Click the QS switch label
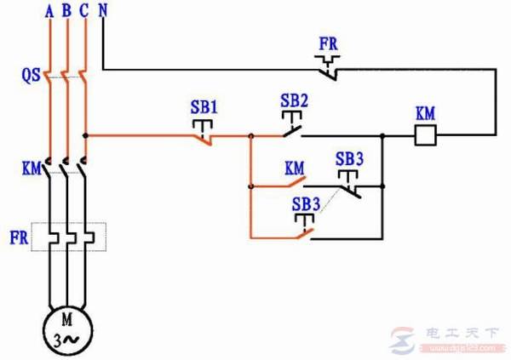point(30,74)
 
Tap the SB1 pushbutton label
point(204,108)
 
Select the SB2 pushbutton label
point(294,100)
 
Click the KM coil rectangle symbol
point(424,134)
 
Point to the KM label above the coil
point(425,113)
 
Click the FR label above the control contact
point(328,43)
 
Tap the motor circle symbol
point(66,328)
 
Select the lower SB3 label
point(307,204)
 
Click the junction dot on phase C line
point(85,134)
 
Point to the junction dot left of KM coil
point(385,134)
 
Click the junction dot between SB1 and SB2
point(250,134)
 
